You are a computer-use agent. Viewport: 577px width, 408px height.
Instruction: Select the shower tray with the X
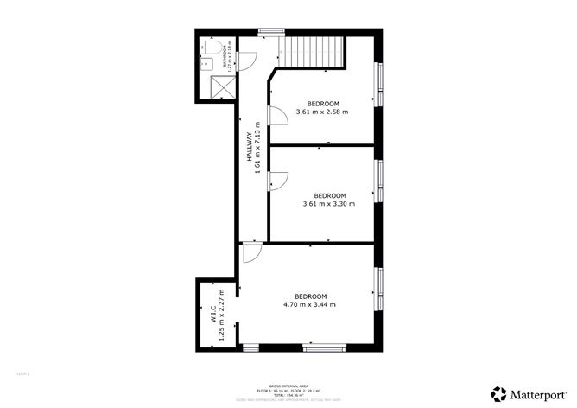(x=221, y=86)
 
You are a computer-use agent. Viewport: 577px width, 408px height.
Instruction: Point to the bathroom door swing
(x=246, y=60)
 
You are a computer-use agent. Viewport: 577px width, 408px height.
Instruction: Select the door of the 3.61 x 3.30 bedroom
(x=278, y=182)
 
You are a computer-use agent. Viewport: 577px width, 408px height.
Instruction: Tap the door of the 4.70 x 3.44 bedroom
(x=251, y=254)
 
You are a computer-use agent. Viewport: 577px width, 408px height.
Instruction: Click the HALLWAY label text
(x=249, y=147)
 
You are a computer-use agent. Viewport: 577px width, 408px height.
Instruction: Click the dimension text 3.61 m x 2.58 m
(x=322, y=112)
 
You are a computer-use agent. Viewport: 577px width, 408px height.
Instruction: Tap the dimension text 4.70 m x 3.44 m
(x=309, y=303)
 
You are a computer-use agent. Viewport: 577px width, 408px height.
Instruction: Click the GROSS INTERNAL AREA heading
(x=288, y=386)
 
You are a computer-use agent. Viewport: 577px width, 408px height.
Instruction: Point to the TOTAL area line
(x=288, y=395)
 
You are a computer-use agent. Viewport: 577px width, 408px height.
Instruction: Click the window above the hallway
(x=270, y=33)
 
